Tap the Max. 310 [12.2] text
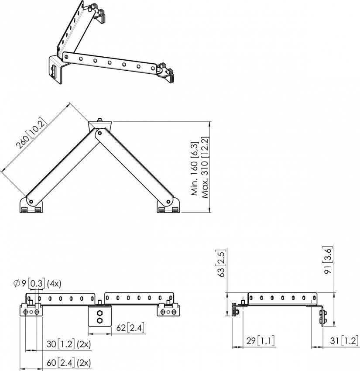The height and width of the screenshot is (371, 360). [x=204, y=168]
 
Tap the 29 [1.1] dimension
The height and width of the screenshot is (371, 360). [x=260, y=340]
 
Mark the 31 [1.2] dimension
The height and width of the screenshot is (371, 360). [x=343, y=340]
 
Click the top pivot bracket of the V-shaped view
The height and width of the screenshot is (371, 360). [x=100, y=126]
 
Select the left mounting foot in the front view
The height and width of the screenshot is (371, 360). [x=31, y=310]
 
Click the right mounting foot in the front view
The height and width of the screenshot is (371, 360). [x=168, y=310]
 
